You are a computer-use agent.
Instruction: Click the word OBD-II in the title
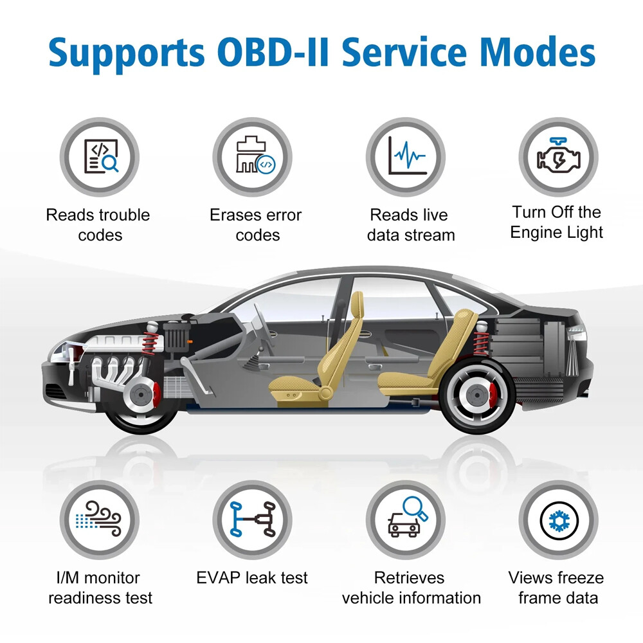point(273,52)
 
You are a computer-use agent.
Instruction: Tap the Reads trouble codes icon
point(100,157)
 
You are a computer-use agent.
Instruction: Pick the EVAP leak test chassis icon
point(252,520)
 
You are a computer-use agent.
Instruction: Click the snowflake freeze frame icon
point(559,520)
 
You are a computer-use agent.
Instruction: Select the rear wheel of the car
point(477,395)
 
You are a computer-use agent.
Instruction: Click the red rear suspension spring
point(481,343)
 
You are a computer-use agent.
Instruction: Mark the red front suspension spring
point(150,343)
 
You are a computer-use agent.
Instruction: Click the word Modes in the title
point(537,52)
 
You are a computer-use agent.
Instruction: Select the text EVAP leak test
point(252,578)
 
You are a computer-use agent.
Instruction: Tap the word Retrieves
point(409,578)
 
